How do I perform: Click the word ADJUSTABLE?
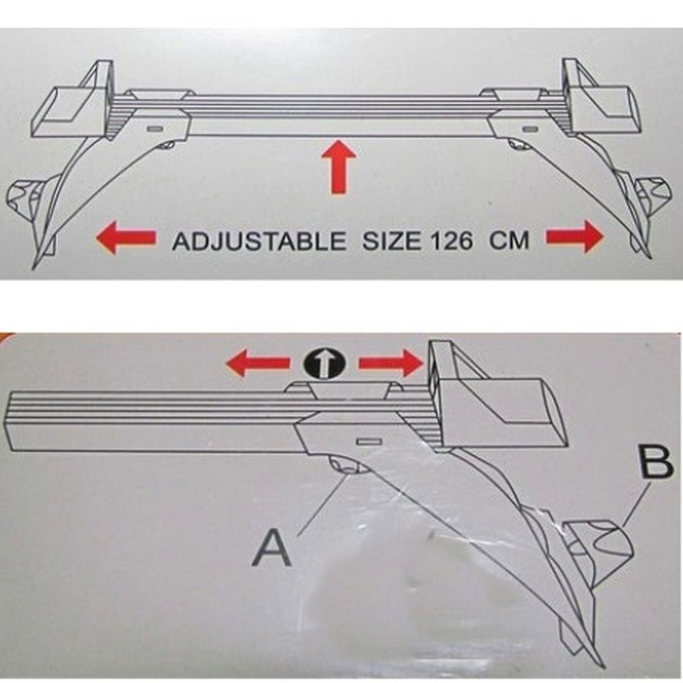click(x=259, y=241)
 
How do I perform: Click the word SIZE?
click(x=391, y=241)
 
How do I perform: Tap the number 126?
click(x=451, y=241)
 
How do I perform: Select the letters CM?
click(x=510, y=240)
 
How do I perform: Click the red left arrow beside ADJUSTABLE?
click(x=126, y=237)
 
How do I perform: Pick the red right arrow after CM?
click(x=575, y=236)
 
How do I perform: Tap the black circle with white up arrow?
click(x=324, y=364)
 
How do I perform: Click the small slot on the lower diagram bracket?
click(x=370, y=442)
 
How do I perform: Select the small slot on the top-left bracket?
click(x=154, y=128)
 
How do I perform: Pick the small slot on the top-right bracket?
click(x=530, y=128)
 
